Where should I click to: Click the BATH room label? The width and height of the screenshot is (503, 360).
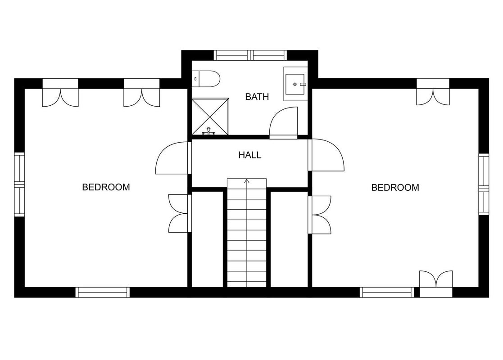click(257, 96)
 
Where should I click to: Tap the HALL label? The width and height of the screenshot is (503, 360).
click(250, 155)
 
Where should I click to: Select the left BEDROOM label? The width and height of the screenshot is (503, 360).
click(106, 187)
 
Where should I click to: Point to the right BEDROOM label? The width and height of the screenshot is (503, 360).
click(395, 188)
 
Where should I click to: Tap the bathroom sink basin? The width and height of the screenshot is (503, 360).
click(295, 84)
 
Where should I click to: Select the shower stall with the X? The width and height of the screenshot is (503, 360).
click(210, 117)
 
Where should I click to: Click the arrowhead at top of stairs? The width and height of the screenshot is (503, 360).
click(247, 181)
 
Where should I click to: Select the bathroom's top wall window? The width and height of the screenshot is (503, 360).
click(250, 55)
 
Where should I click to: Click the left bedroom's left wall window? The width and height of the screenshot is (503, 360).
click(19, 184)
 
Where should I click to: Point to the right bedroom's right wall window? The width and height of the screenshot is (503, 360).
click(484, 184)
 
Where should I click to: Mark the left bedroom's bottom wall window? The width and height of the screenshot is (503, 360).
click(103, 292)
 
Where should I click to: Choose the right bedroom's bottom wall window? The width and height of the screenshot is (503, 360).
click(386, 292)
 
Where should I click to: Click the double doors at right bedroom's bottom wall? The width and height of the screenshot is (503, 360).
click(436, 283)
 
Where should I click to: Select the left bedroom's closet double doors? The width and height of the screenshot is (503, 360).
click(180, 213)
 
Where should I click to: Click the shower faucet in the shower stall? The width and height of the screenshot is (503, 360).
click(209, 131)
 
